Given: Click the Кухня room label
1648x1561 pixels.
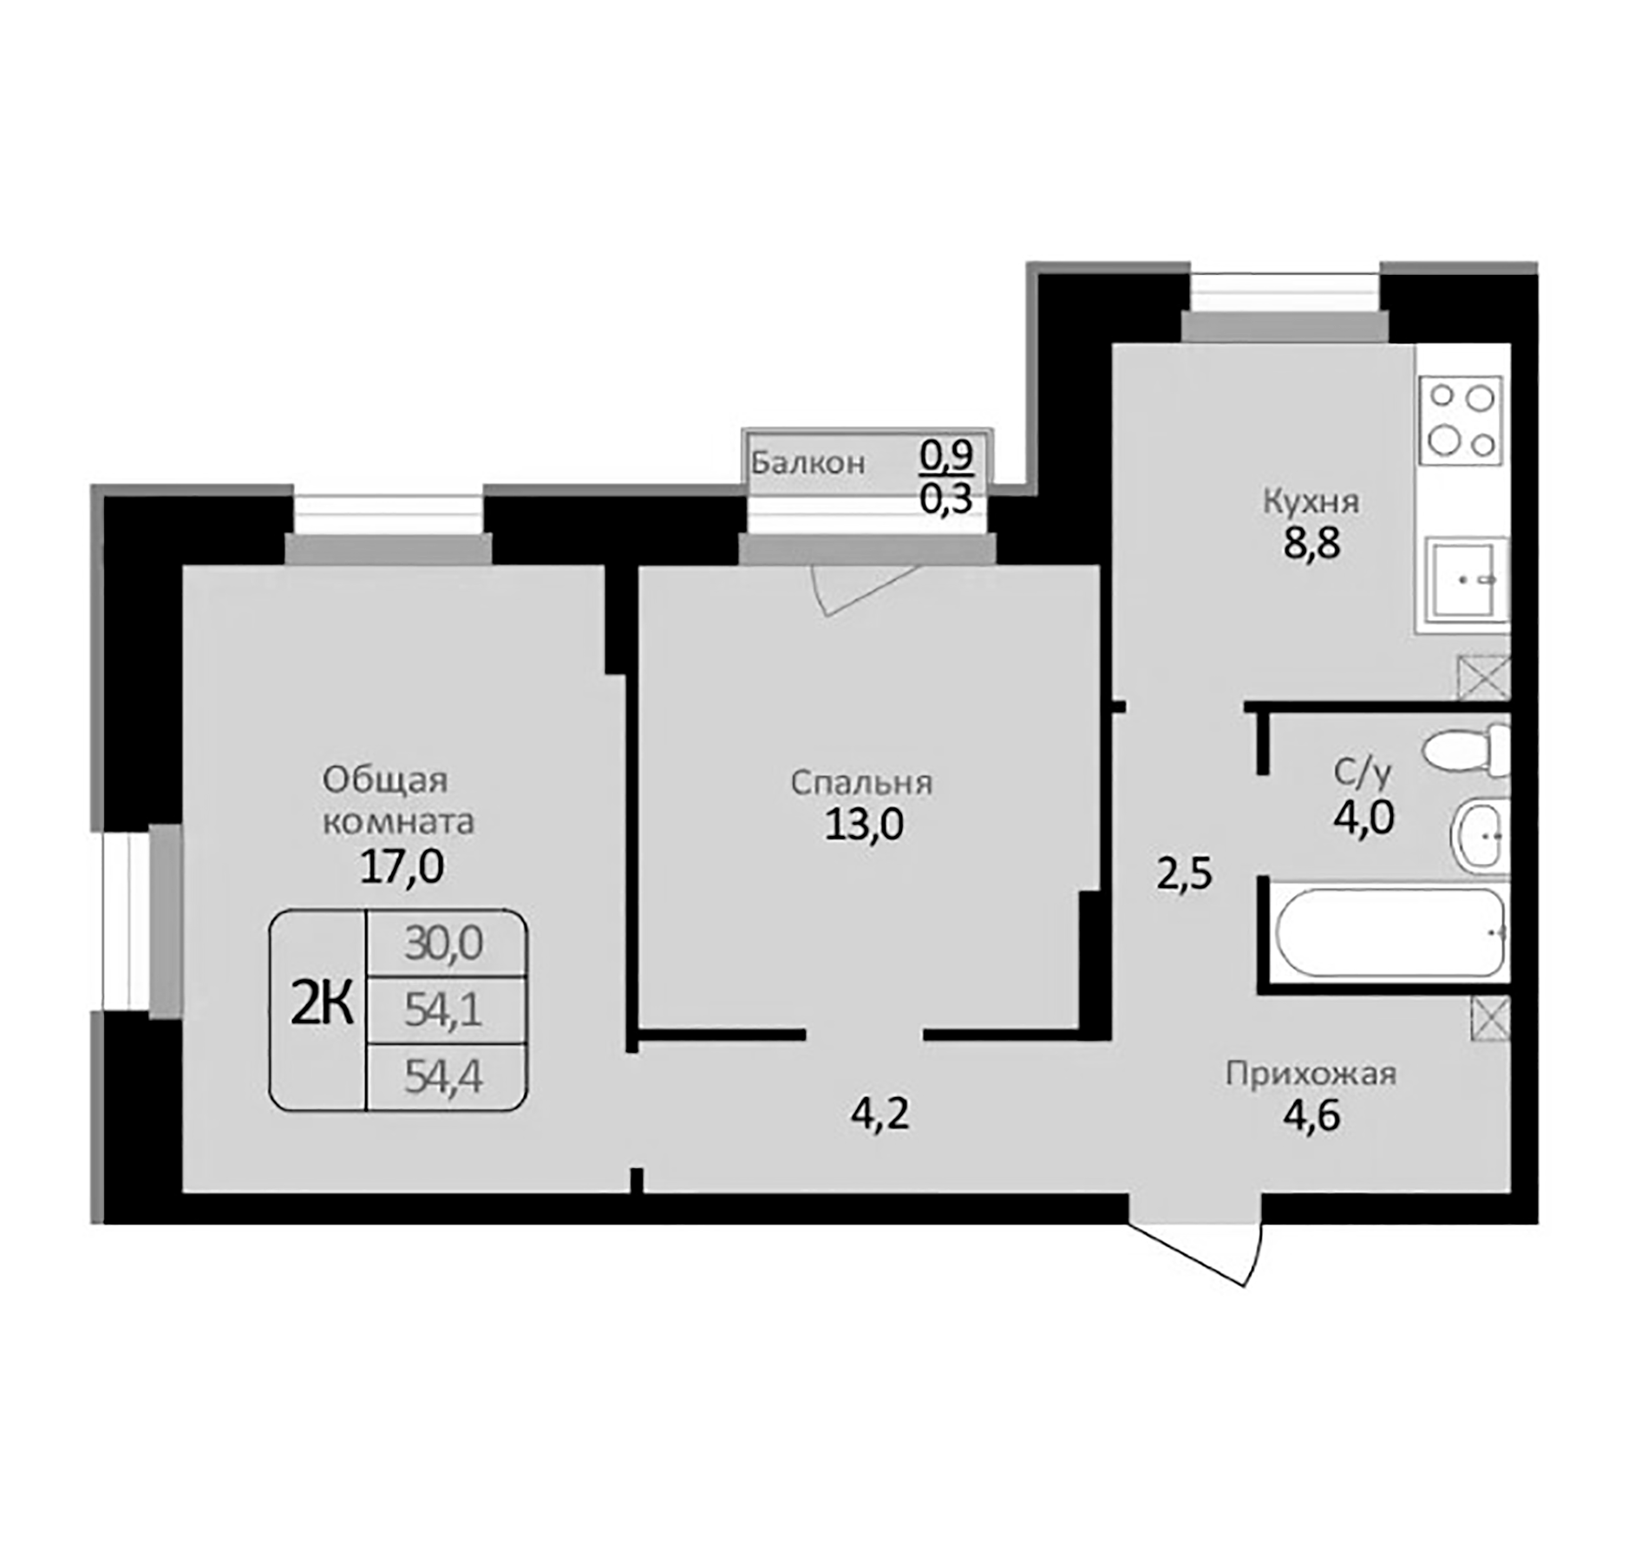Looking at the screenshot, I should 1311,502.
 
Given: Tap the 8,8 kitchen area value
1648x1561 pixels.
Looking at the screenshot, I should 1312,545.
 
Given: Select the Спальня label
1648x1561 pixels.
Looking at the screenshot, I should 861,783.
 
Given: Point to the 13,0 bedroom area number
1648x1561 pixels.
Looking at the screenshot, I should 864,824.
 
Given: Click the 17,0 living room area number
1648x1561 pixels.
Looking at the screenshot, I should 402,866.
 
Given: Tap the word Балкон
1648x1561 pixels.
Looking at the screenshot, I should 808,463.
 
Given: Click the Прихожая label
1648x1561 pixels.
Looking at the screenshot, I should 1311,1074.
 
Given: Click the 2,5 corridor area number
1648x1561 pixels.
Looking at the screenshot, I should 1184,874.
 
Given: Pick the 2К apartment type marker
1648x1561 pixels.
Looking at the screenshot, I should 322,1007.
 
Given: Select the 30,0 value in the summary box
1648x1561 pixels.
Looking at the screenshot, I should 443,944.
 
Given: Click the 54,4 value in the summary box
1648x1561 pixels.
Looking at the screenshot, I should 443,1078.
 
